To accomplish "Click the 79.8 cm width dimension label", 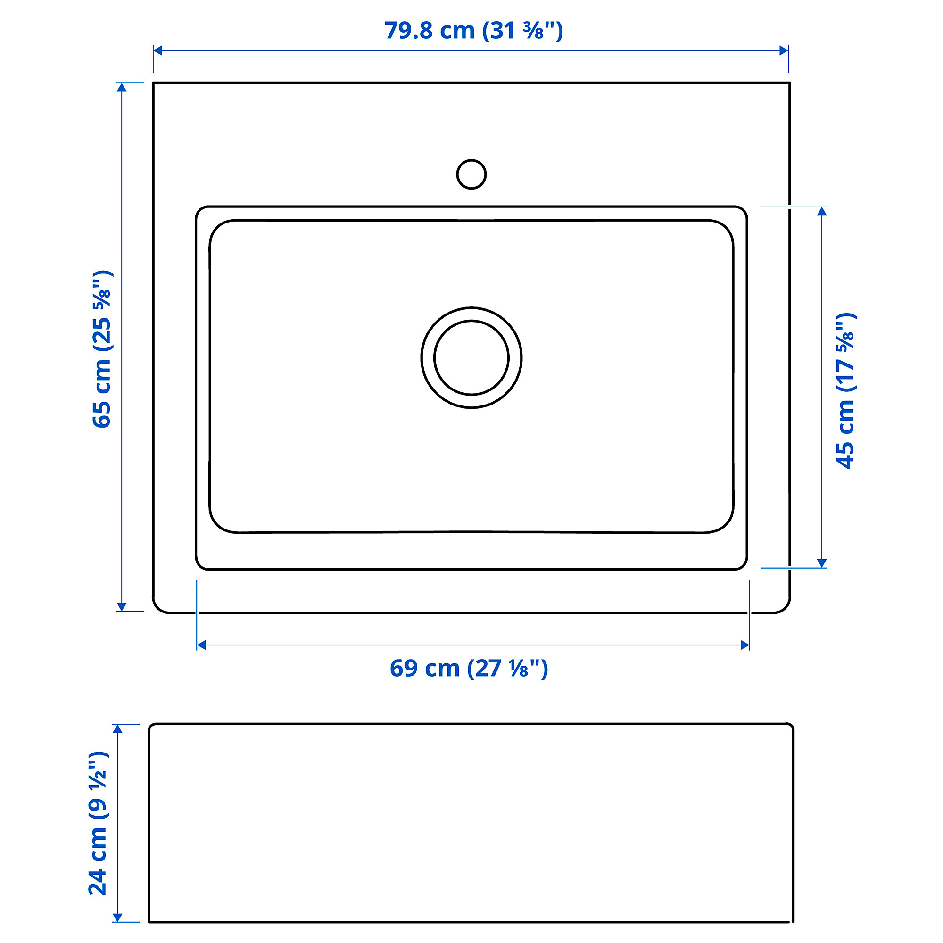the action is coord(473,31).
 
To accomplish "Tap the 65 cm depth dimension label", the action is coord(102,349).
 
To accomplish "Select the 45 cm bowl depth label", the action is coord(846,390).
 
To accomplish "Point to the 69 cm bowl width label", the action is coord(469,668).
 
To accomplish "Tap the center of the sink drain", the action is coord(471,358).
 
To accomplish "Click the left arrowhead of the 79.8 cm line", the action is coord(157,50).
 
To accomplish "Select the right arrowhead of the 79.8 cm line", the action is coord(784,50).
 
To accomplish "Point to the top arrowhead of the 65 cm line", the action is coord(122,87).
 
